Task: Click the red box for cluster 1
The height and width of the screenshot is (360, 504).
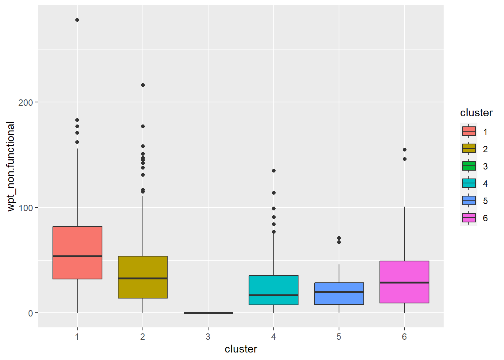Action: tap(77, 252)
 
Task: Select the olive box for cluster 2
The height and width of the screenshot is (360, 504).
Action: tap(142, 277)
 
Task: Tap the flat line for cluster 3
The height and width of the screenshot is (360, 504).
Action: tap(208, 313)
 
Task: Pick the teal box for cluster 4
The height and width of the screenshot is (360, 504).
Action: tap(273, 290)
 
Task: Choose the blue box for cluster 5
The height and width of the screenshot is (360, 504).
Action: tap(339, 293)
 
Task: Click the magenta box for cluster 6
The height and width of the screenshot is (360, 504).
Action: tap(404, 282)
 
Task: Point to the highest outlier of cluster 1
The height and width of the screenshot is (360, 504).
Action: tap(77, 20)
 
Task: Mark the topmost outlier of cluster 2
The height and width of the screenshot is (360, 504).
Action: tap(143, 85)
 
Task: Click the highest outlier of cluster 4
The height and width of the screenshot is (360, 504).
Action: tap(274, 171)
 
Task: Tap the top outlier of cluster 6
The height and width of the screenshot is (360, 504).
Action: tap(405, 150)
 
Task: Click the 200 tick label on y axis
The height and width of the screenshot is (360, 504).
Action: tap(25, 102)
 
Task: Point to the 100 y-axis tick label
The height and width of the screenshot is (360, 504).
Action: tap(25, 208)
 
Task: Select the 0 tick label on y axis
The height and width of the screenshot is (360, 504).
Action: tap(30, 313)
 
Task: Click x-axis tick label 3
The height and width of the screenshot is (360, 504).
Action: tap(208, 337)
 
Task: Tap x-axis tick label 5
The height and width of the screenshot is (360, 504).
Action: tap(339, 337)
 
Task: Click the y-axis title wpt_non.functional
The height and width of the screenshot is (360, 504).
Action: tap(11, 166)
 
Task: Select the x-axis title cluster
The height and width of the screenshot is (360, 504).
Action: tap(241, 349)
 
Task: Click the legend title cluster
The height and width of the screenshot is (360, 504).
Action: tap(476, 113)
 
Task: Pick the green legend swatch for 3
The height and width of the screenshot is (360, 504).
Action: tap(469, 166)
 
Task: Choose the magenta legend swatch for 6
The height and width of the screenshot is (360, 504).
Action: tap(469, 218)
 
